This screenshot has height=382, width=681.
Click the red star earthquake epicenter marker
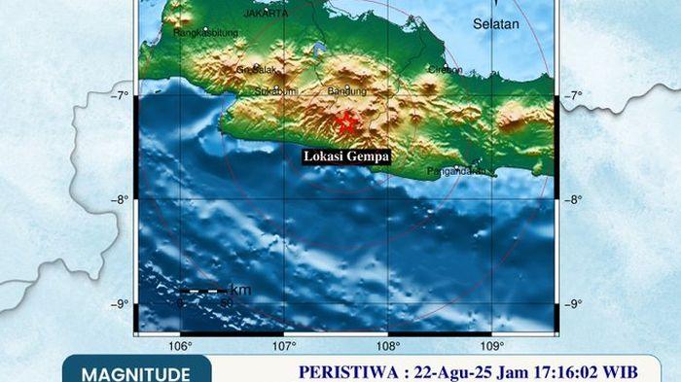click(x=345, y=122)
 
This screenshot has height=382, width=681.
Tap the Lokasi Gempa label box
click(x=346, y=156)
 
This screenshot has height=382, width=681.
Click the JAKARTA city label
click(x=265, y=15)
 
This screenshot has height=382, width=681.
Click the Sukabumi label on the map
click(x=274, y=91)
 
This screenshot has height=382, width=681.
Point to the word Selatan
click(x=496, y=23)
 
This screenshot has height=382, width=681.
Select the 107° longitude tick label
click(x=284, y=346)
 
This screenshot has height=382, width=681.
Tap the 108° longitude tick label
click(x=388, y=346)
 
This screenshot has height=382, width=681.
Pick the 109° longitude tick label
click(x=492, y=346)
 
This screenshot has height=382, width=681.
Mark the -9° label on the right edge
click(x=574, y=305)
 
